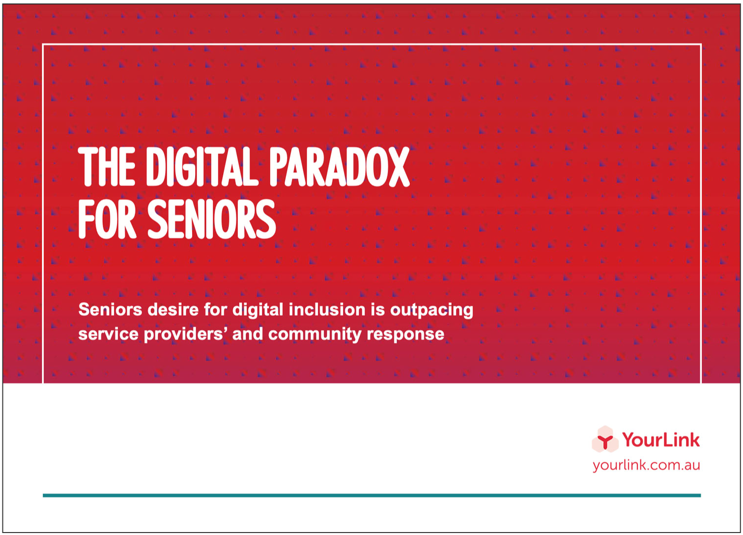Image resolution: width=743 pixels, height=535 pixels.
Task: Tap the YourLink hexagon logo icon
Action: click(x=605, y=439)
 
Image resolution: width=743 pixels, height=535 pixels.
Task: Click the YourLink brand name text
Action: click(x=660, y=439)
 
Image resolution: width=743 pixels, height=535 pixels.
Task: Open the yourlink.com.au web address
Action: click(x=646, y=465)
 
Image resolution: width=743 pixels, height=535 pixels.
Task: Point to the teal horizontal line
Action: click(x=371, y=495)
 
